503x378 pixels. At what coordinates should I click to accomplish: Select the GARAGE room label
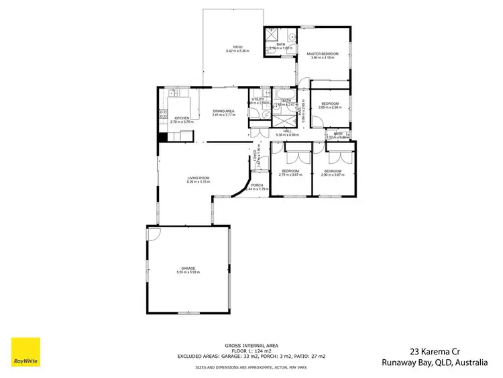pyautogui.click(x=188, y=268)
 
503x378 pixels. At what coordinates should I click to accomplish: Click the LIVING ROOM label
pyautogui.click(x=199, y=177)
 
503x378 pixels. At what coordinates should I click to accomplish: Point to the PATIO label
pyautogui.click(x=238, y=46)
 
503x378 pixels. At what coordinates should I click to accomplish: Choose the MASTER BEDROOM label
pyautogui.click(x=323, y=53)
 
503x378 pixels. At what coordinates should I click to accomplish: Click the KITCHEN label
pyautogui.click(x=181, y=117)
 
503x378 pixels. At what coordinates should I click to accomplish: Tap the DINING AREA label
pyautogui.click(x=223, y=111)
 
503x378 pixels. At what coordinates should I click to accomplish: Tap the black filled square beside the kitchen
pyautogui.click(x=162, y=138)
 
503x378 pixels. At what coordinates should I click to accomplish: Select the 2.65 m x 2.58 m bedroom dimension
pyautogui.click(x=331, y=107)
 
